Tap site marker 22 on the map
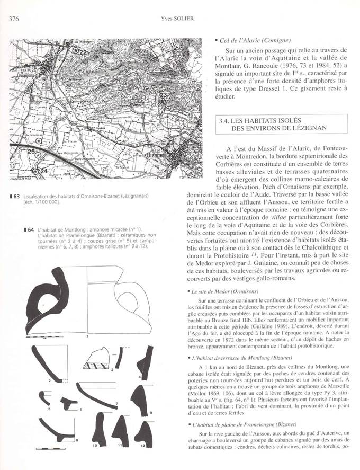point(77,51)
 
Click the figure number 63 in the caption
point(16,196)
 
